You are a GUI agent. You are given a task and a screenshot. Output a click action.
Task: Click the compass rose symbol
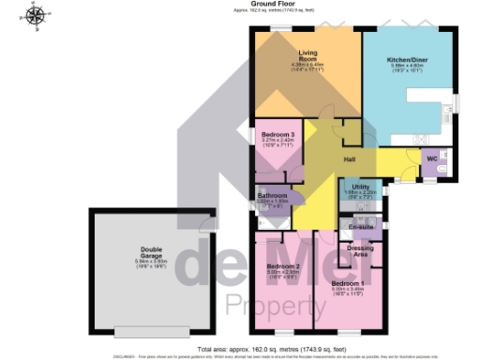[37, 14]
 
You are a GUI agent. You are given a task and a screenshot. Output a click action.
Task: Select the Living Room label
[309, 56]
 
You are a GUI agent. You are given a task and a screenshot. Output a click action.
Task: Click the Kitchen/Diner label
[406, 59]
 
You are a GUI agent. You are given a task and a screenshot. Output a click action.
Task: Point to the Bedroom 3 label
[278, 134]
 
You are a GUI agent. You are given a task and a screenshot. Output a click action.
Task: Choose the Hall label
[350, 159]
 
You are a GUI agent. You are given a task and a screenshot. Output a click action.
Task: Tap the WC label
[431, 158]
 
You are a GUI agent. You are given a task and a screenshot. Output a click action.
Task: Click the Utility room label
[361, 187]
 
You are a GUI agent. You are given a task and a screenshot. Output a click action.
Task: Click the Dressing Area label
[358, 250]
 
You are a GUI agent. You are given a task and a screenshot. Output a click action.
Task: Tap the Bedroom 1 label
[348, 282]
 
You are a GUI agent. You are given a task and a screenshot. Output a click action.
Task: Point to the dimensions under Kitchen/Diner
[406, 67]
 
